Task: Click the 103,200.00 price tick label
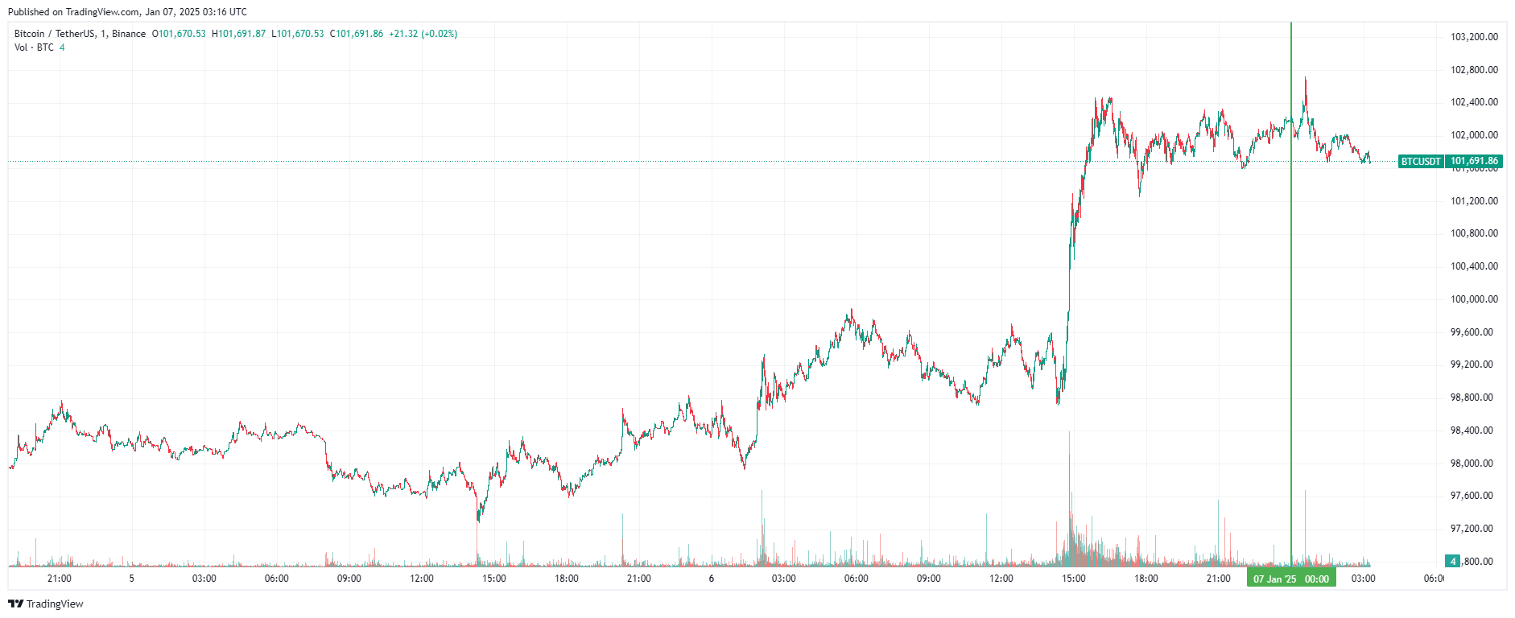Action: [x=1473, y=37]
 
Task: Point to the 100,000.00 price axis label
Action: [x=1473, y=299]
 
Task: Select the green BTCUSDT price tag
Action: [x=1420, y=162]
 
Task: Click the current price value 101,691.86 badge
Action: [x=1474, y=162]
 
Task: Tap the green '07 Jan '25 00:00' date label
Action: [x=1290, y=579]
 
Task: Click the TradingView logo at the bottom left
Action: [x=46, y=604]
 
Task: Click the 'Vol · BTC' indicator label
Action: [x=34, y=47]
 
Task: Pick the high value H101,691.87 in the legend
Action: [x=238, y=34]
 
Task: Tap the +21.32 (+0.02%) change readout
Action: [x=423, y=34]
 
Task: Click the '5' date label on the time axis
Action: [x=132, y=579]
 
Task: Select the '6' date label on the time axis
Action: [x=712, y=579]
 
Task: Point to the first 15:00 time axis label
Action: [x=493, y=579]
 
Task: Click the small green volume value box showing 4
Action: [x=1452, y=561]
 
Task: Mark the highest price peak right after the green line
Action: [x=1305, y=79]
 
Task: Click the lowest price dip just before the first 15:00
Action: [x=478, y=520]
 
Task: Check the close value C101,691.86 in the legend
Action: [x=357, y=34]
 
